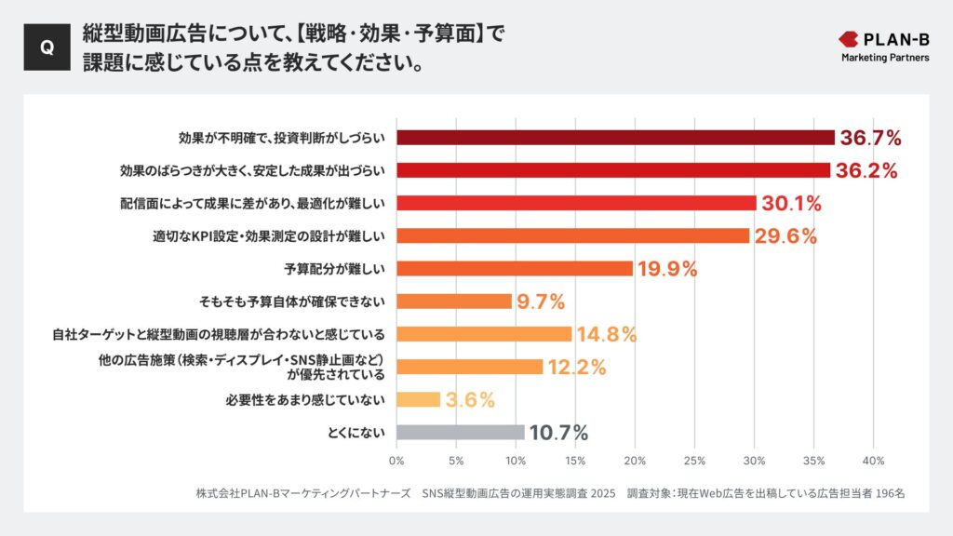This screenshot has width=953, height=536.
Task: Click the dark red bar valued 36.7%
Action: [615, 138]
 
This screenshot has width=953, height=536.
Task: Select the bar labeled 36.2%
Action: [612, 170]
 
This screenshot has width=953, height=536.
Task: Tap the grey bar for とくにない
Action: [461, 432]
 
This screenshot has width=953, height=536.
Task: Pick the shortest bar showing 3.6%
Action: [418, 399]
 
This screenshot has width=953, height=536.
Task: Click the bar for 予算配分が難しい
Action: [515, 269]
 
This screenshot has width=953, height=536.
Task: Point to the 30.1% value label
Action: [793, 204]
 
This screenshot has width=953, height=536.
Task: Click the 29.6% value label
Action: [785, 236]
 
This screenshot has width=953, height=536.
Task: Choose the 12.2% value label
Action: [576, 367]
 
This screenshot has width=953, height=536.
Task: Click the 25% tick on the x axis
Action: [694, 461]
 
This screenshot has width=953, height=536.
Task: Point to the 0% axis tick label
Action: [396, 461]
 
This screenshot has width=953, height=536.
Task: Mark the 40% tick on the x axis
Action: [873, 461]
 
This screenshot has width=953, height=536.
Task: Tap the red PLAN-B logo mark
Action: [852, 39]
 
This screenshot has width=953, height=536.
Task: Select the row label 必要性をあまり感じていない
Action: [305, 399]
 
